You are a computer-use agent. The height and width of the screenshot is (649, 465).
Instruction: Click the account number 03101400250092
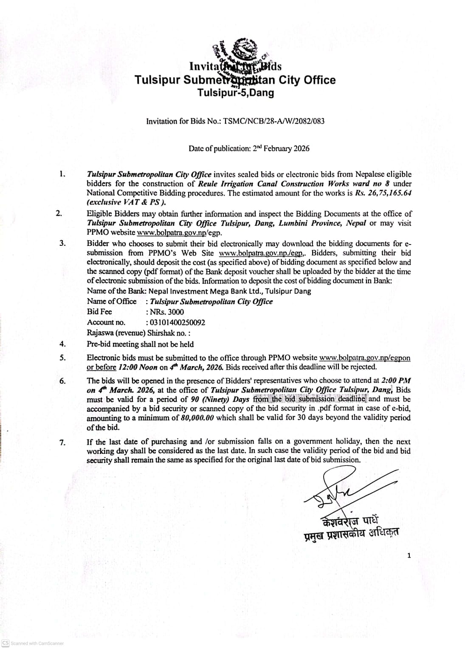point(178,322)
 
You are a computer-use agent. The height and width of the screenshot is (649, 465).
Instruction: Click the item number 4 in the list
point(62,344)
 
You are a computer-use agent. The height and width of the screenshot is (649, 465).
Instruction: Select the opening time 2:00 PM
point(396,381)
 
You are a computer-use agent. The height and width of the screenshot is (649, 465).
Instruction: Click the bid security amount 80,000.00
point(198,418)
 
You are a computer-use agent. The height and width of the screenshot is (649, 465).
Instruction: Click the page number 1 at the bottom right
point(409,555)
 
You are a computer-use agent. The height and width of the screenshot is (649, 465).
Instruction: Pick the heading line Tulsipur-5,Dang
point(236,93)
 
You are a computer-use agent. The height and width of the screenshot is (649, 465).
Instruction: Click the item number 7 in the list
point(62,442)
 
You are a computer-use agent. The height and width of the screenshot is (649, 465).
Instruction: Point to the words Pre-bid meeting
point(113,344)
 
